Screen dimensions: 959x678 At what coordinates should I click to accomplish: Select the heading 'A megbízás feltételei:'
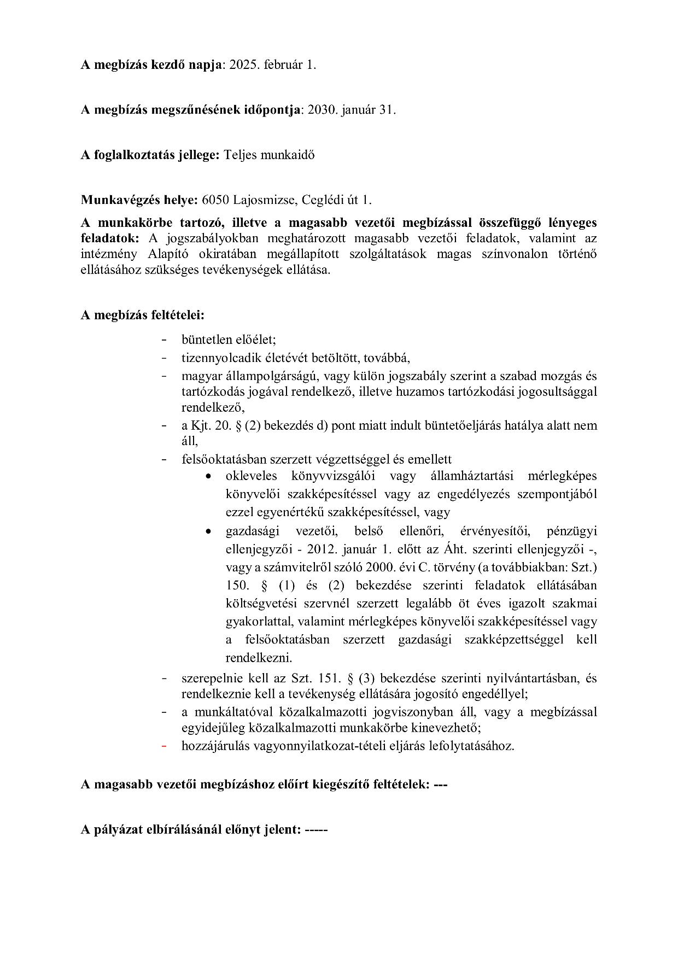click(x=143, y=315)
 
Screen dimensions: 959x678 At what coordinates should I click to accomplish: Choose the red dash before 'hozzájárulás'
click(x=164, y=746)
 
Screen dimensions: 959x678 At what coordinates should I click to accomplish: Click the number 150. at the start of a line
click(x=237, y=586)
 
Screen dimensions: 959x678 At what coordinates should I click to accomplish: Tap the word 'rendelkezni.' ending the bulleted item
click(x=259, y=658)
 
